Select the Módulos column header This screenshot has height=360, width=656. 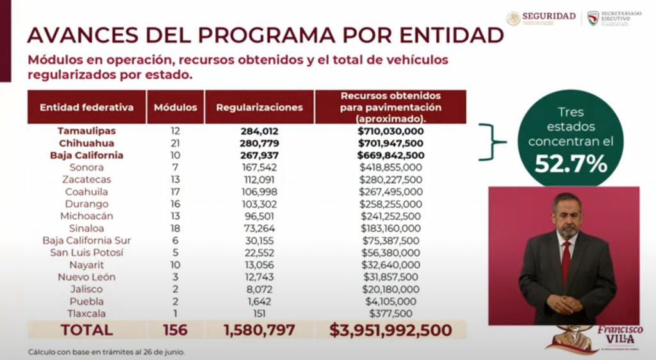tap(176, 107)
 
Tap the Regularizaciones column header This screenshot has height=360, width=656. tap(259, 107)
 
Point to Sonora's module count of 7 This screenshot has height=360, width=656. tap(176, 167)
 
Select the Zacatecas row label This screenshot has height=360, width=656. tap(86, 179)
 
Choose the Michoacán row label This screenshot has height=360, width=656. tap(86, 216)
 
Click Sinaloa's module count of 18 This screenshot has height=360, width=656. tap(176, 228)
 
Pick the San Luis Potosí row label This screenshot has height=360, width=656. tap(86, 252)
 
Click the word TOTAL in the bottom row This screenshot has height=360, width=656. tap(86, 331)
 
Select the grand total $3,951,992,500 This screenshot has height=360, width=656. tap(390, 331)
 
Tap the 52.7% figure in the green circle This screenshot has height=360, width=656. tap(570, 164)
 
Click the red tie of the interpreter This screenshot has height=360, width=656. tap(566, 263)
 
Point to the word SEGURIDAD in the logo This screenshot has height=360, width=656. tap(548, 16)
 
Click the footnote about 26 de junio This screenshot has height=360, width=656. tap(106, 352)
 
